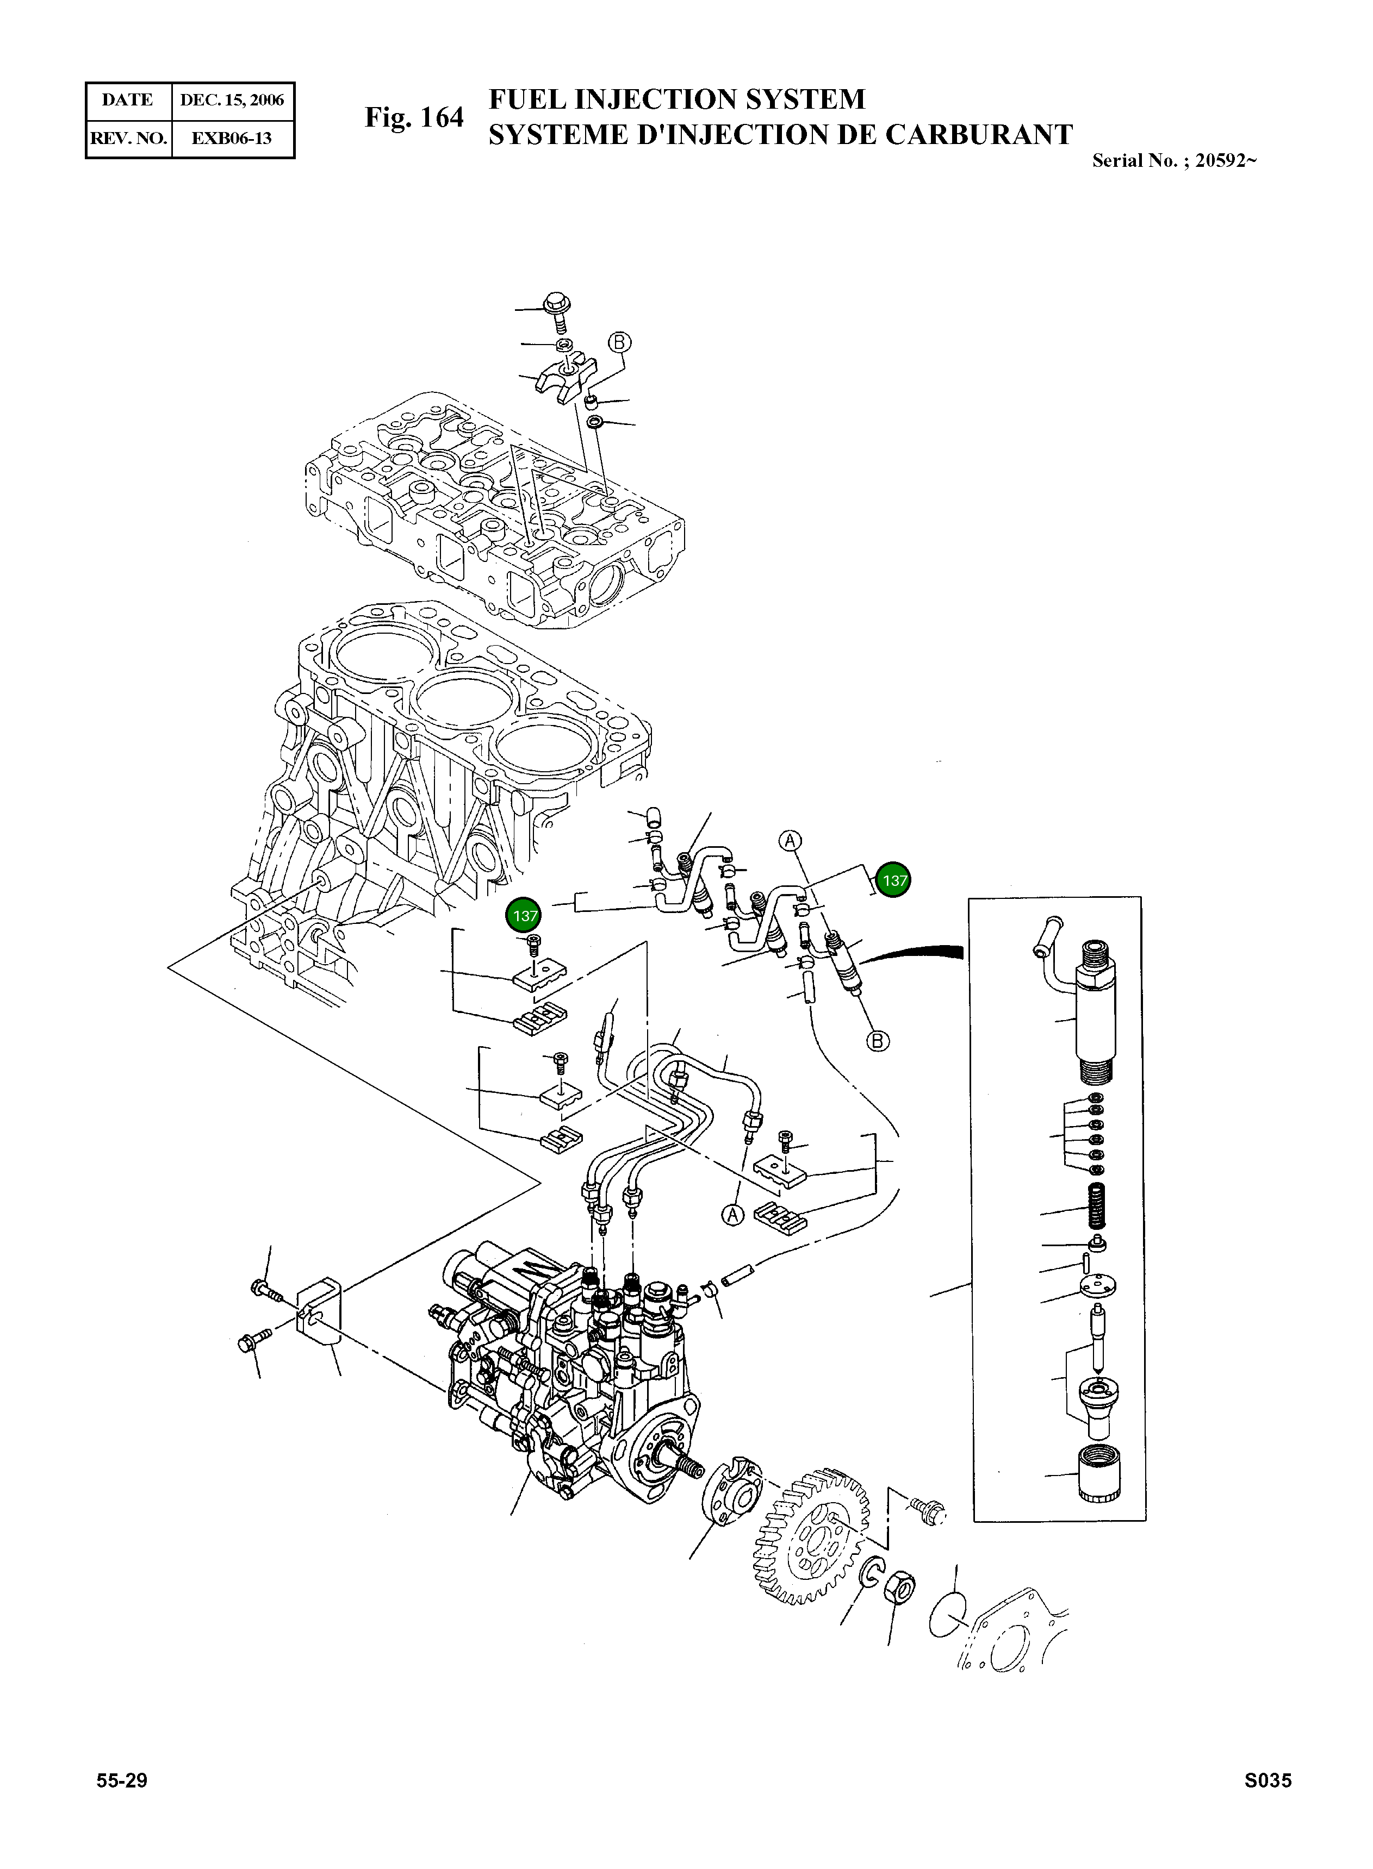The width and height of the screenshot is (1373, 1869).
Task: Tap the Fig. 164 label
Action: pyautogui.click(x=414, y=118)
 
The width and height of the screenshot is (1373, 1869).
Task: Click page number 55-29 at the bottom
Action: pyautogui.click(x=122, y=1803)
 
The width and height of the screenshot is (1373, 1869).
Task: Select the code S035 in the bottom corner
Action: pyautogui.click(x=1268, y=1803)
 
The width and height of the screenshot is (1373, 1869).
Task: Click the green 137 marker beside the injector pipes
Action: pyautogui.click(x=894, y=880)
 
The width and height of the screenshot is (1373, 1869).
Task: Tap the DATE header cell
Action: pyautogui.click(x=128, y=101)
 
